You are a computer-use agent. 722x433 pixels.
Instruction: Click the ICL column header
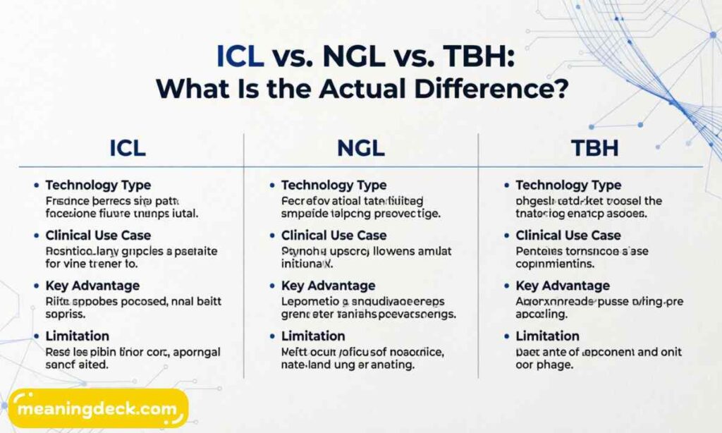(x=128, y=149)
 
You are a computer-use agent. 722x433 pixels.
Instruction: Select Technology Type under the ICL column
(x=98, y=185)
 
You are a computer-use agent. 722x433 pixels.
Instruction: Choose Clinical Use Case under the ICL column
(x=98, y=236)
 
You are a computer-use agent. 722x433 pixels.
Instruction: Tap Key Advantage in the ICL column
(x=92, y=286)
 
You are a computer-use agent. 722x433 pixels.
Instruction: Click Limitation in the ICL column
(x=78, y=336)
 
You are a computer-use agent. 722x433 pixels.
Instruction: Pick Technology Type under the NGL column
(x=334, y=185)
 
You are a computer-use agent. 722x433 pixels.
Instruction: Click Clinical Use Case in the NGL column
(x=334, y=236)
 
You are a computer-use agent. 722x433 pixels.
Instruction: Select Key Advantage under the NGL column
(x=329, y=286)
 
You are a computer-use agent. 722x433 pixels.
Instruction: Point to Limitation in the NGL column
(x=313, y=336)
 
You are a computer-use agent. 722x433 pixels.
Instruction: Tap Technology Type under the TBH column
(x=568, y=185)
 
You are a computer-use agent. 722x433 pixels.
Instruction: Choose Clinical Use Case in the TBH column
(x=568, y=236)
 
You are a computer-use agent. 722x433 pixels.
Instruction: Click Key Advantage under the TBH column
(x=563, y=286)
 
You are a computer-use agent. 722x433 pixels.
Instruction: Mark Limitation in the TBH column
(x=547, y=336)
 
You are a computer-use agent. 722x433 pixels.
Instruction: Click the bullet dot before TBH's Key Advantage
(x=506, y=286)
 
